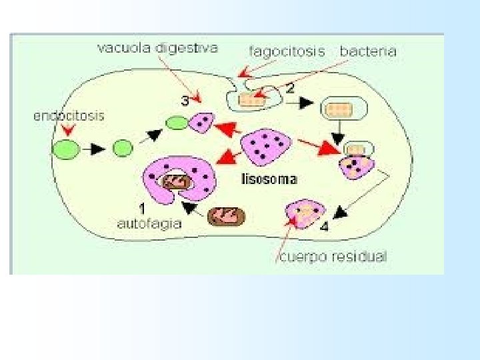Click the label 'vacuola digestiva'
157,49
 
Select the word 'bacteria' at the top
368,51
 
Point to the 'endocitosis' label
69,115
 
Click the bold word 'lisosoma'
269,179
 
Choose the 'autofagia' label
149,224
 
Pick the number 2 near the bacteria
290,87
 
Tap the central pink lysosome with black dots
265,147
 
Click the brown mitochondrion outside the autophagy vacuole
227,216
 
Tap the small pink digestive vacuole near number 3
201,123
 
